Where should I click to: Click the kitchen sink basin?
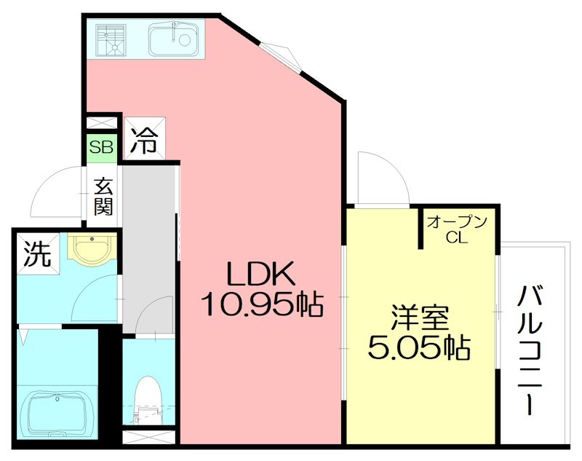click(173, 39)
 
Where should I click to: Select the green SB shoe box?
click(101, 147)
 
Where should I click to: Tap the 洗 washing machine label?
click(36, 253)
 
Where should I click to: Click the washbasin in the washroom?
click(91, 248)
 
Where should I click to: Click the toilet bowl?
click(148, 397)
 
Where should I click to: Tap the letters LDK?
click(259, 275)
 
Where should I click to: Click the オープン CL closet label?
click(456, 229)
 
